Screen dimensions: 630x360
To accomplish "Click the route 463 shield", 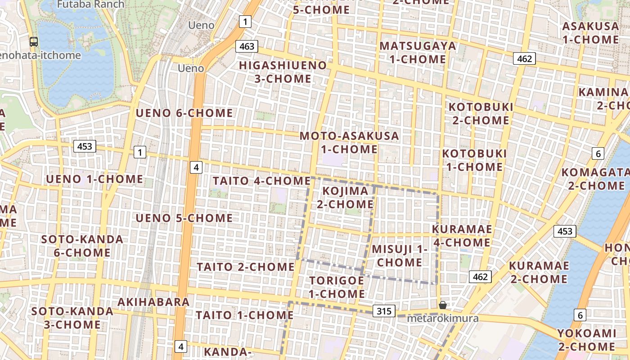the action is click(x=247, y=46).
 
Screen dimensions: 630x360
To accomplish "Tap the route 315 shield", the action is click(x=384, y=311).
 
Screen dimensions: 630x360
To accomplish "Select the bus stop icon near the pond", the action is click(x=34, y=42).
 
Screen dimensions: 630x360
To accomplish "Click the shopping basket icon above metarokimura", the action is click(x=443, y=305).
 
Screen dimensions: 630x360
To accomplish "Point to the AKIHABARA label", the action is click(x=153, y=302).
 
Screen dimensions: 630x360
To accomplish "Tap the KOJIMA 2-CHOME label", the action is click(x=345, y=198).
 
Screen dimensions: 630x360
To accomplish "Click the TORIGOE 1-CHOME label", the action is click(x=337, y=287).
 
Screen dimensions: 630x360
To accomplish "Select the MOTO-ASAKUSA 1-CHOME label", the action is click(x=349, y=142).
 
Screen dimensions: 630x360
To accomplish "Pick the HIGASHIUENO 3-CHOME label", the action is click(x=283, y=72).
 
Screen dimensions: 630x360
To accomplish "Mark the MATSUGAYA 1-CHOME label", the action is click(x=418, y=52).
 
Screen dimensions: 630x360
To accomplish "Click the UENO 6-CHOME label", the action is click(x=184, y=113).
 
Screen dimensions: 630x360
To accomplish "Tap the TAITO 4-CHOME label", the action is click(x=261, y=181).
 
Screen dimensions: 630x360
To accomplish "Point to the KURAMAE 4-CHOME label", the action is click(x=462, y=236).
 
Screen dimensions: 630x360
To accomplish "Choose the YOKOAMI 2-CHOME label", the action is click(x=587, y=340).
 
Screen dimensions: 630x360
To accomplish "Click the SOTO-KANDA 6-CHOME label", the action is click(x=82, y=246).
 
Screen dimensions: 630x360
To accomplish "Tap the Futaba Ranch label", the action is click(x=90, y=4).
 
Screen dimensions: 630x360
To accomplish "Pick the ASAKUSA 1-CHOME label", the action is click(x=590, y=33).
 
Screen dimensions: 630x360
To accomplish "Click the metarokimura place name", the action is click(x=442, y=319).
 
